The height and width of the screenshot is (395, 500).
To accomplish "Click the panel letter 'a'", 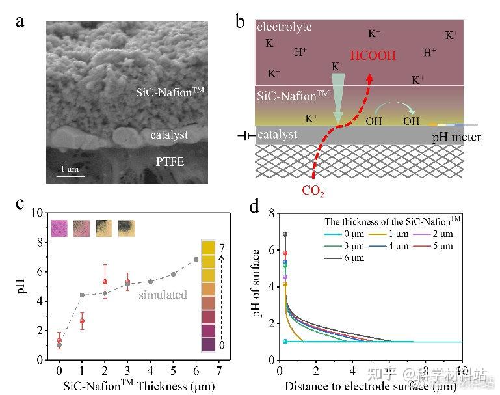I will click(21, 21).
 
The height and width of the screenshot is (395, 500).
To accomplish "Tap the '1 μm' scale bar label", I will click(70, 169).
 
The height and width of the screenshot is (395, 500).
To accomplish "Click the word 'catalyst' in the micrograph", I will click(169, 135).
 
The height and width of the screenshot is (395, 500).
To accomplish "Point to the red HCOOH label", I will click(373, 56).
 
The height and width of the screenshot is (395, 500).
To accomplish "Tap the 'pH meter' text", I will click(454, 139).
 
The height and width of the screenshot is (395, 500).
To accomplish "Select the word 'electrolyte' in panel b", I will click(284, 27).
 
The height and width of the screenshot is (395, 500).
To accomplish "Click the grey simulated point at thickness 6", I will click(196, 260).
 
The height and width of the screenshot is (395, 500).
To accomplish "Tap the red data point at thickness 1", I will click(82, 321).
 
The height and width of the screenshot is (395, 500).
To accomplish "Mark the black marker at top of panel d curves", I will click(285, 234).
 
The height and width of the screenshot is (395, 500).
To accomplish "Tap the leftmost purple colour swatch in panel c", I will click(59, 228).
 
